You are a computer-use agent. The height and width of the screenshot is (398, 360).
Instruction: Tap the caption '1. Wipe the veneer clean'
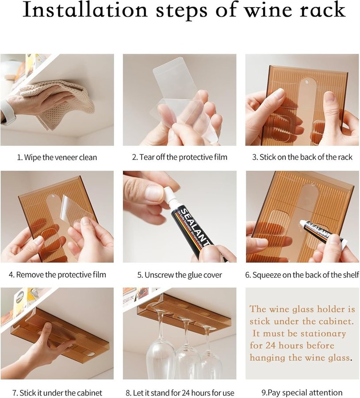[x=57, y=157]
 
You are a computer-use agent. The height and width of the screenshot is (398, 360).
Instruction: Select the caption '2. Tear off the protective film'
[x=180, y=157]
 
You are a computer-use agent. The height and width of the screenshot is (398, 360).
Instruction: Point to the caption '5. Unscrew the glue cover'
[x=180, y=275]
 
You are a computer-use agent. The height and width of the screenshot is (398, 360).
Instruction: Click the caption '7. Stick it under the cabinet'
[x=57, y=393]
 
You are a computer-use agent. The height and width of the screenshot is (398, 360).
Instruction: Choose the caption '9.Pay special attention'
[x=302, y=393]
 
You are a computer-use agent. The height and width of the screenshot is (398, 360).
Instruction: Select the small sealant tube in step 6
[x=323, y=233]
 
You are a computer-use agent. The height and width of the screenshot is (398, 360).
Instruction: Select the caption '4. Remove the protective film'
[x=57, y=275]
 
